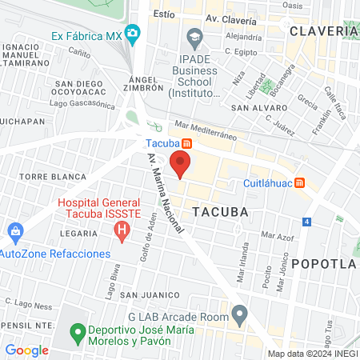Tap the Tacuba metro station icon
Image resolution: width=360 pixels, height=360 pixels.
186,143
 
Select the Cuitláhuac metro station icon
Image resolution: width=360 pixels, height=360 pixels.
299,182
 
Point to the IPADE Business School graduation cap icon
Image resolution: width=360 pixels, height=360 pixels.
194,36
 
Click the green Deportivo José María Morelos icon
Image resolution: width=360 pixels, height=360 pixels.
78,330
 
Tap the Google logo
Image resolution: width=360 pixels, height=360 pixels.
26,350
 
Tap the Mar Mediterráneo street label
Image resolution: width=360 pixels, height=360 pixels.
206,130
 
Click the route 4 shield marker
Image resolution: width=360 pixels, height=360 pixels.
307,221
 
